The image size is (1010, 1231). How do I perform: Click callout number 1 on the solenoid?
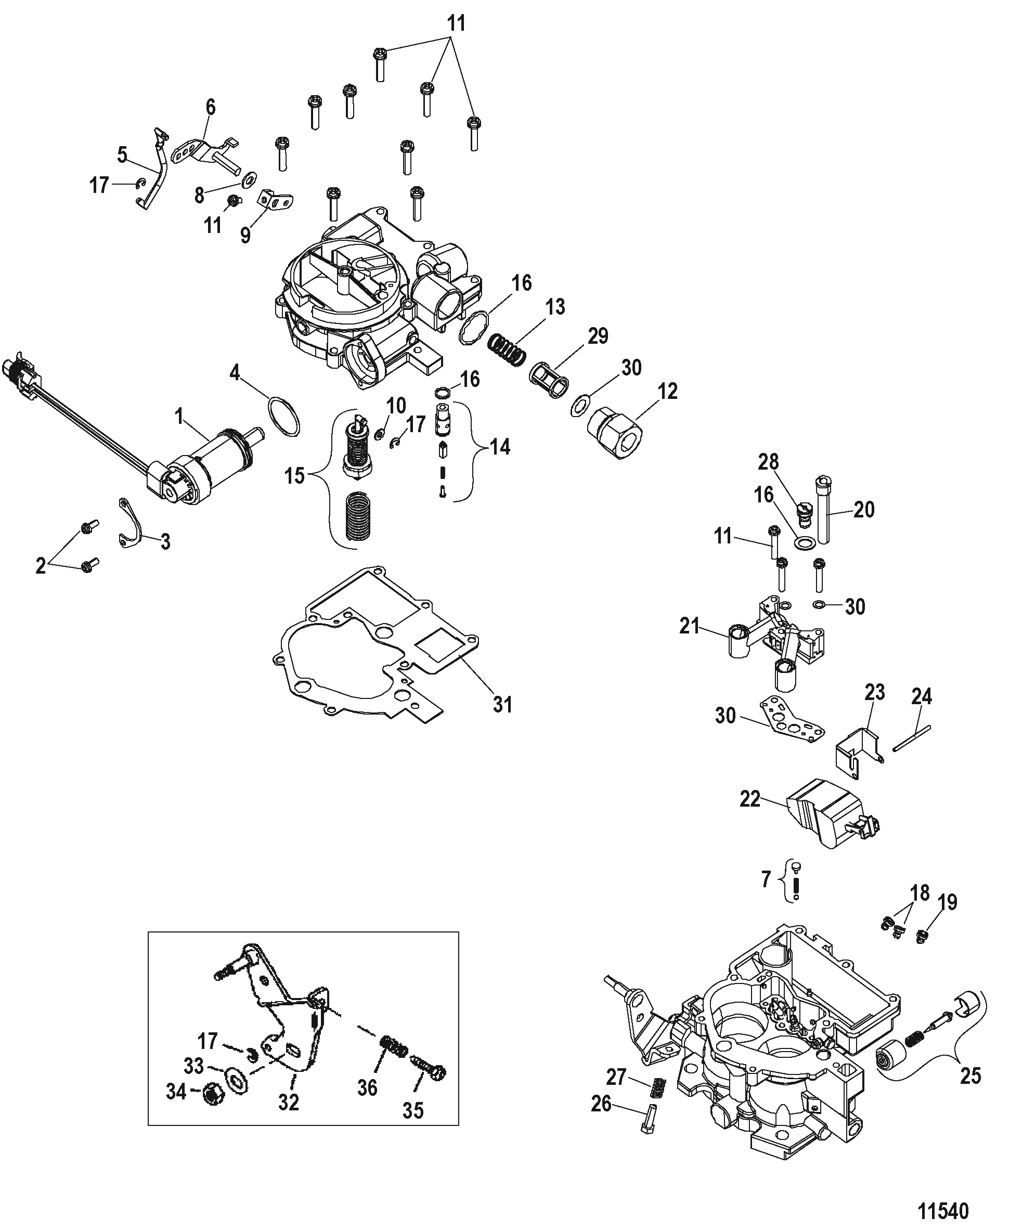point(180,417)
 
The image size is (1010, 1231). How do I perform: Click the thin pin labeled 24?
point(912,739)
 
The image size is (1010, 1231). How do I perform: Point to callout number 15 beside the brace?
point(294,476)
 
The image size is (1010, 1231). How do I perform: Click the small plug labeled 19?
point(921,936)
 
